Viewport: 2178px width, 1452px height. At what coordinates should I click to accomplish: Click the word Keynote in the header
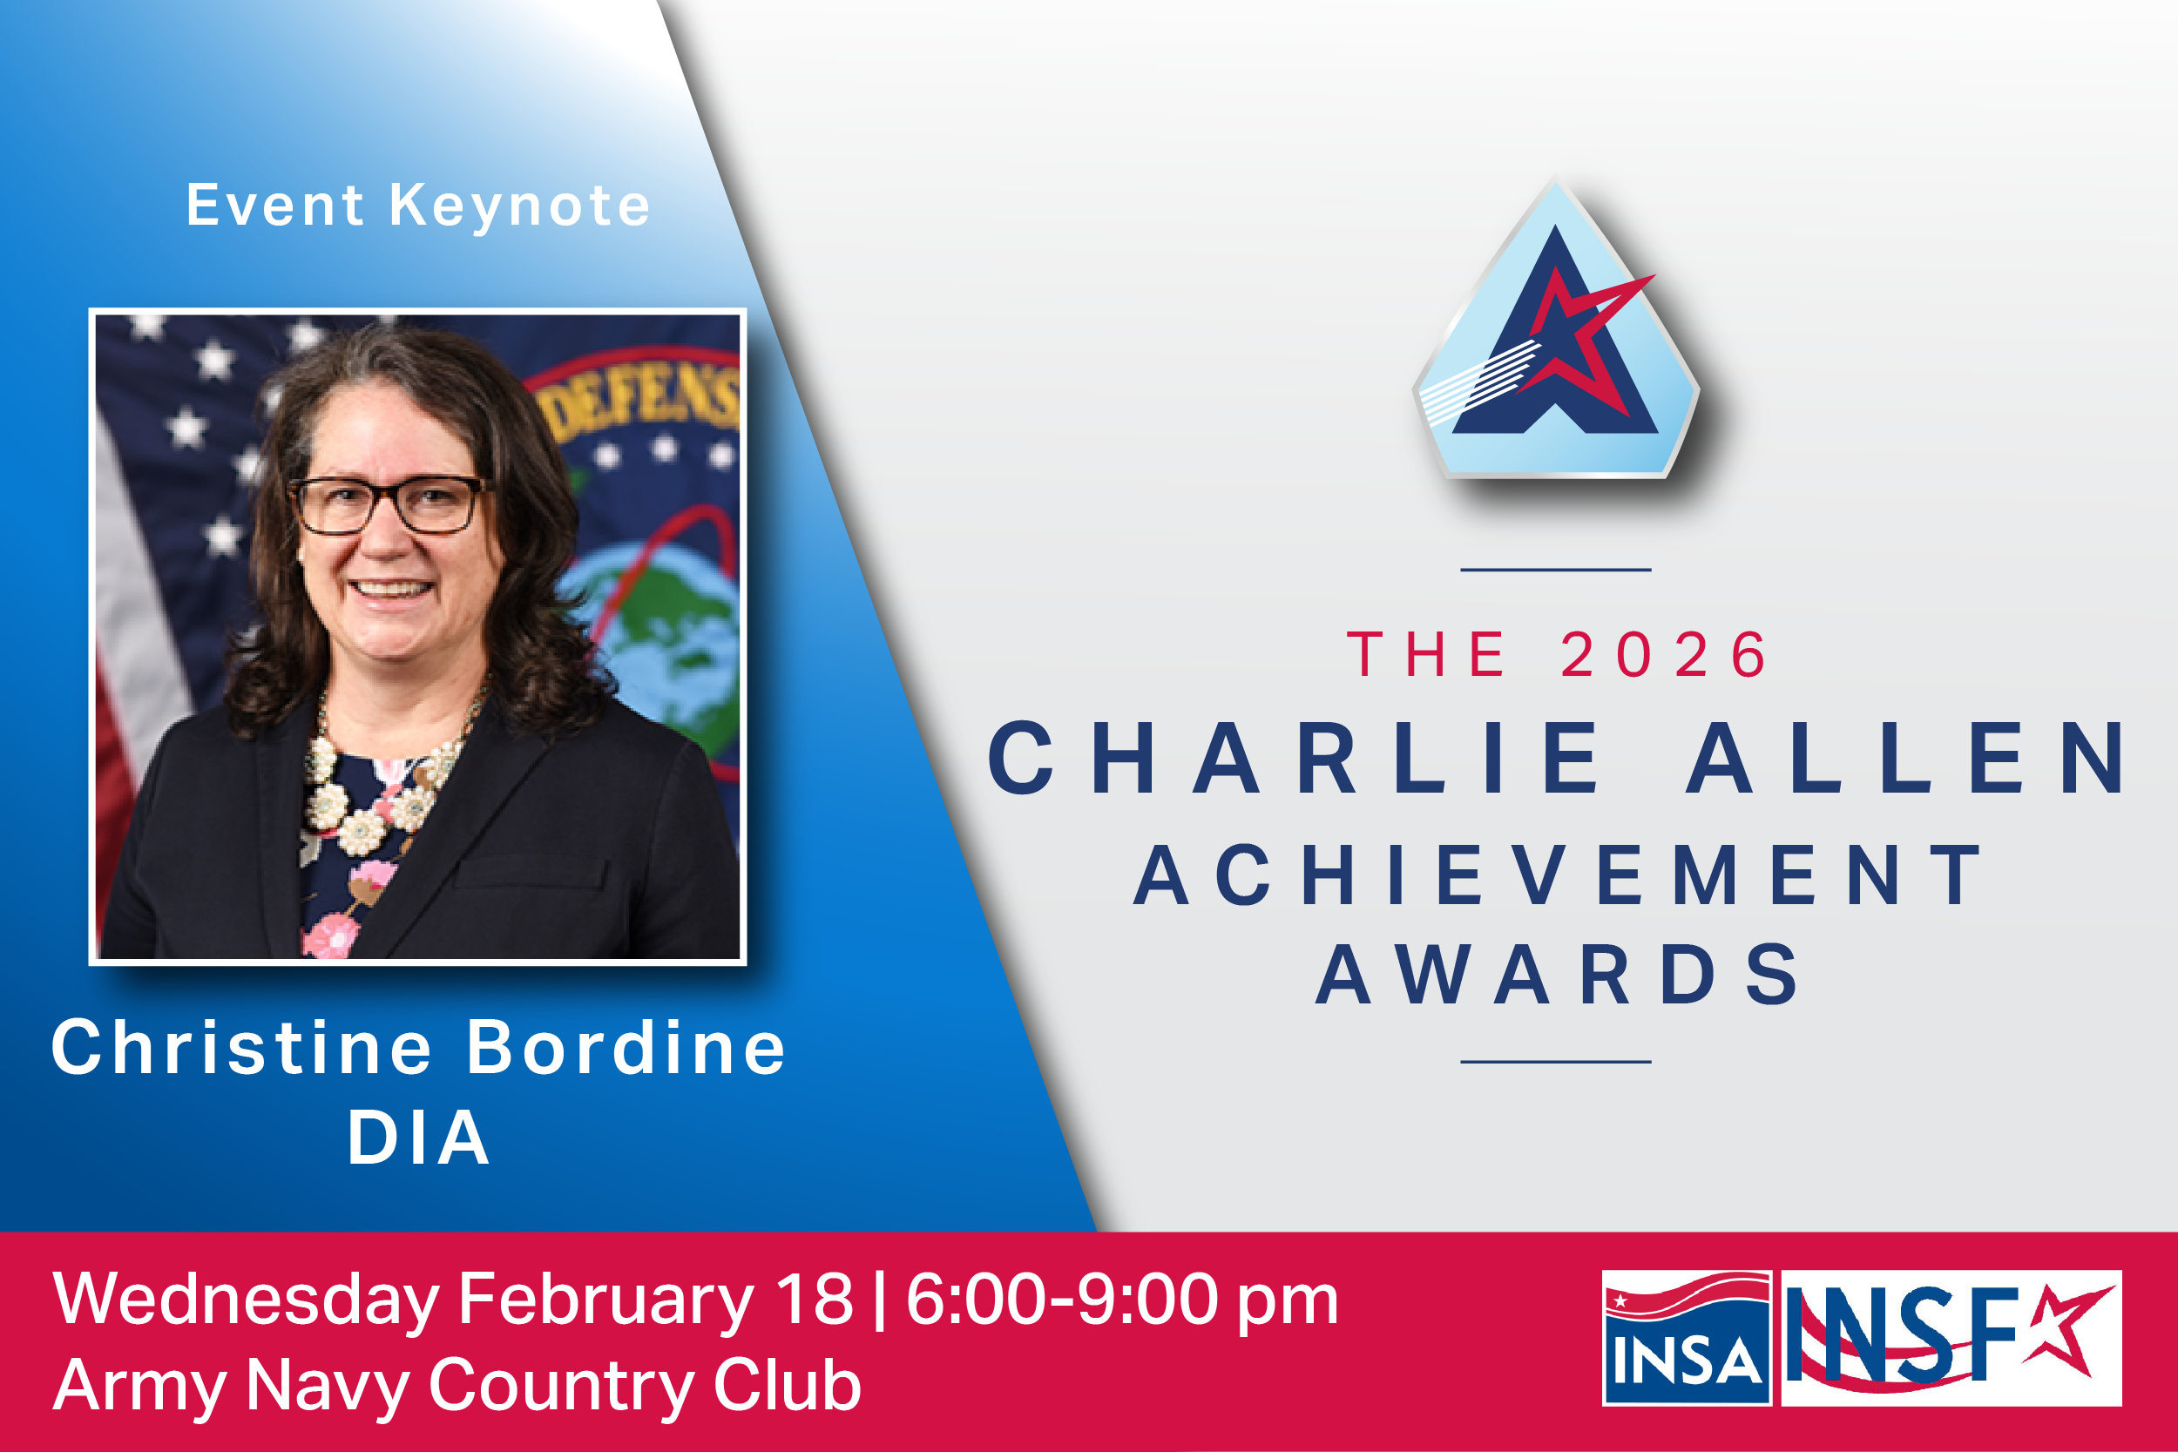pyautogui.click(x=519, y=206)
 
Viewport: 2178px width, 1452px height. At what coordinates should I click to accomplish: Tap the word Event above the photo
pyautogui.click(x=275, y=206)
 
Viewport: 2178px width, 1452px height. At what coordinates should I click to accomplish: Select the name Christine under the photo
pyautogui.click(x=241, y=1048)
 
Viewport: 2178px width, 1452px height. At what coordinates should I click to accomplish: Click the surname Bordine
pyautogui.click(x=626, y=1048)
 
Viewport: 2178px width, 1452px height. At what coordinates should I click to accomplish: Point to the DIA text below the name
pyautogui.click(x=418, y=1138)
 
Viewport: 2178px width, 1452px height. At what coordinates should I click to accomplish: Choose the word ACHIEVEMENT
pyautogui.click(x=1557, y=875)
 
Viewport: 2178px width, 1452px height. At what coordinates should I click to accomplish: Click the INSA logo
pyautogui.click(x=1688, y=1338)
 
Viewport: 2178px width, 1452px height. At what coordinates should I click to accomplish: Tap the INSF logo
pyautogui.click(x=1951, y=1338)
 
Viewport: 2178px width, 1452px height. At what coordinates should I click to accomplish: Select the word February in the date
pyautogui.click(x=606, y=1300)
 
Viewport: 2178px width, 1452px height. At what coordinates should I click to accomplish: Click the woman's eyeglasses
pyautogui.click(x=389, y=504)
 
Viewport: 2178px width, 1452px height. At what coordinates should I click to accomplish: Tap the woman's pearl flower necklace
pyautogui.click(x=370, y=796)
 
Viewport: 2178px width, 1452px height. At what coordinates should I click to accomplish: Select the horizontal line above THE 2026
pyautogui.click(x=1556, y=570)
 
